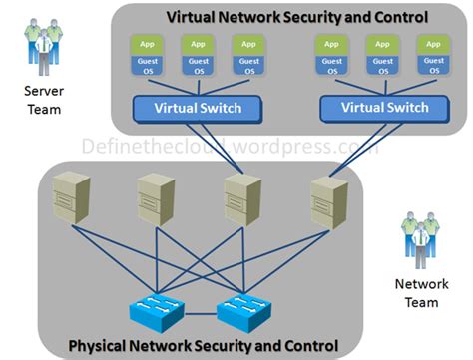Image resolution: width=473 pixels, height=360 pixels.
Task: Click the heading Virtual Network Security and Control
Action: (x=296, y=17)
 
